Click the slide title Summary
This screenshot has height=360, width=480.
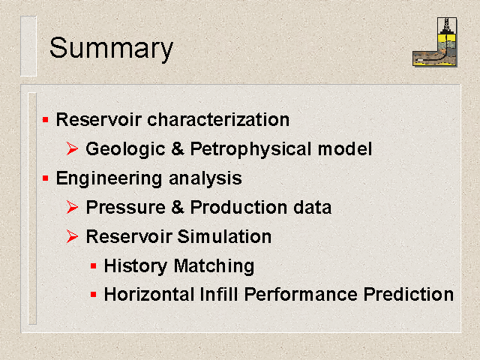(x=111, y=48)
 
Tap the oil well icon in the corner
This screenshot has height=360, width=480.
(x=435, y=42)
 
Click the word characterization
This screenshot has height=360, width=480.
(x=218, y=119)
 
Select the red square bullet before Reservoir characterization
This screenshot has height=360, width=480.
(x=46, y=120)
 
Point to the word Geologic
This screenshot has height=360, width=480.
(x=125, y=150)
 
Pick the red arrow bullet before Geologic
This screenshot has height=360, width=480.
(x=72, y=148)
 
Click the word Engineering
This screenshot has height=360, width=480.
(x=109, y=178)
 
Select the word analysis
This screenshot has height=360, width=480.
(x=205, y=178)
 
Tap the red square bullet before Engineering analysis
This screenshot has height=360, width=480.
(x=46, y=178)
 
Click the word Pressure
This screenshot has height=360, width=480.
(x=126, y=207)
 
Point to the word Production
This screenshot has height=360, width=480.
(x=238, y=207)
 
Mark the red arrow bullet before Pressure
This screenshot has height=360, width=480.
(x=72, y=207)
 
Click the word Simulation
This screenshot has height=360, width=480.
(x=224, y=237)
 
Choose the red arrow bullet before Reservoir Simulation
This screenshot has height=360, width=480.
(x=72, y=237)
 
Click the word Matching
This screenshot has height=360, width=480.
(x=214, y=266)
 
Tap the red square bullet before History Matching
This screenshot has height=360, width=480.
(x=94, y=266)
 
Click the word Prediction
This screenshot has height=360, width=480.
(x=408, y=295)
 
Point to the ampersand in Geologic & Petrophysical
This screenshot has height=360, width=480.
(x=178, y=148)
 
